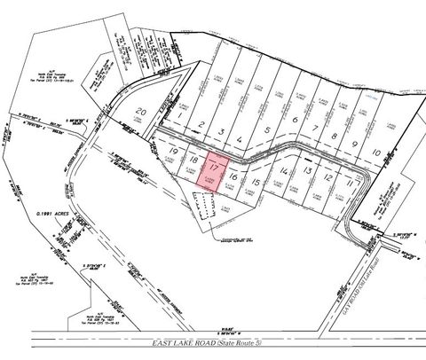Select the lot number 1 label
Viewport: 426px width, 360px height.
pos(179,116)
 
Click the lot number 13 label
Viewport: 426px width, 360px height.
pos(305,168)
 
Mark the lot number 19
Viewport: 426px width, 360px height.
pos(173,153)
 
